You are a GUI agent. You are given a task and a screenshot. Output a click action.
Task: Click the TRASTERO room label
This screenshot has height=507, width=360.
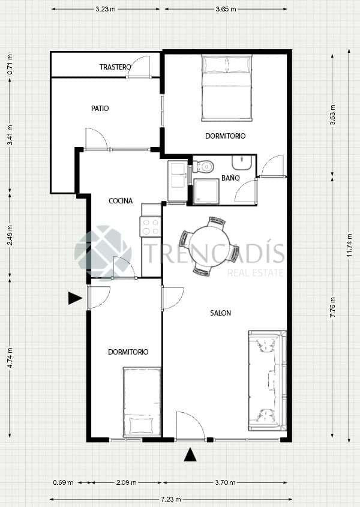[115, 67]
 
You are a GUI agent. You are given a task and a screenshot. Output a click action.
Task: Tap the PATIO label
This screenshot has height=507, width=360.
[100, 109]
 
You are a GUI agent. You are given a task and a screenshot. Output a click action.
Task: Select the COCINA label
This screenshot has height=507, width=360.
[121, 201]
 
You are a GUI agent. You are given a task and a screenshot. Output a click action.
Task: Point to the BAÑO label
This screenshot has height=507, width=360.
[230, 178]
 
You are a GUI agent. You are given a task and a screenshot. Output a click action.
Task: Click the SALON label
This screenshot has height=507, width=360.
[221, 313]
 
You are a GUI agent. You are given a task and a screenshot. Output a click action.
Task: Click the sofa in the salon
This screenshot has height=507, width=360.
[267, 380]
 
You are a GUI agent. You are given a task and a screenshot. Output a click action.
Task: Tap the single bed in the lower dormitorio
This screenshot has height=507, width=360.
[142, 402]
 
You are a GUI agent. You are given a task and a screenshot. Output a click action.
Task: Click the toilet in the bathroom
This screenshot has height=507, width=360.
[204, 166]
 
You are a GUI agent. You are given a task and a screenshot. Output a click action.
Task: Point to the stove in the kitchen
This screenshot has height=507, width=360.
[150, 226]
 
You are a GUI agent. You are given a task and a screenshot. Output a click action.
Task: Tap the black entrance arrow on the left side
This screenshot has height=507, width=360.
[74, 298]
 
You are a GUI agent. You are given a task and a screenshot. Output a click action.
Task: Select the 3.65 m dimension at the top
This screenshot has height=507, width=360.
[225, 10]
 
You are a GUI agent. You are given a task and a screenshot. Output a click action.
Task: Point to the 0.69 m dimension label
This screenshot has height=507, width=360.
[63, 482]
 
